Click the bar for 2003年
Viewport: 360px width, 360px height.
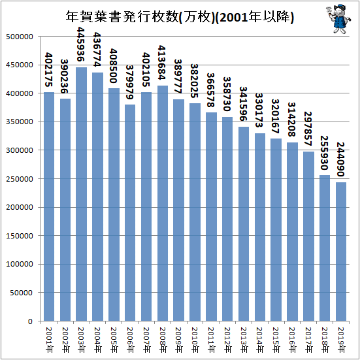pos(82,194)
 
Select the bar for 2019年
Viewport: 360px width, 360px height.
pos(341,252)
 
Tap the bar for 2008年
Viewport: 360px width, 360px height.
pos(163,203)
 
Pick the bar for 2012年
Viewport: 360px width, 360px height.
pos(227,219)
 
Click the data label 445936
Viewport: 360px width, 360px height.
pos(81,44)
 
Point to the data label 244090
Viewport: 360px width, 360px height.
pos(340,159)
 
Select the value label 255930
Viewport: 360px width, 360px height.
pos(324,153)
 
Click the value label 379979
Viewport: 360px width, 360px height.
pos(129,82)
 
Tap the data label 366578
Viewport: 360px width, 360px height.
pos(210,90)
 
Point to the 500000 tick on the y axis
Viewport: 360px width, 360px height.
pos(20,37)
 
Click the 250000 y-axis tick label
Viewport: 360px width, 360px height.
pos(20,179)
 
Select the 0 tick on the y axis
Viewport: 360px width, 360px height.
pos(30,321)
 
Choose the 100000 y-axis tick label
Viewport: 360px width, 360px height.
pos(20,264)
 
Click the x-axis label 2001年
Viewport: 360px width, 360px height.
pos(49,340)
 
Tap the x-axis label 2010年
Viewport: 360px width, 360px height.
pos(195,340)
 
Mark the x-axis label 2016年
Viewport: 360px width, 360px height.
pos(292,340)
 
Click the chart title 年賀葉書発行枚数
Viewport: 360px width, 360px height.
pos(122,17)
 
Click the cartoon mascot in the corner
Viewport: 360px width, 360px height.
pos(338,19)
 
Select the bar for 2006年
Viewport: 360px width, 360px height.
pos(130,213)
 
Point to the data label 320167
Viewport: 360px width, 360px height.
pos(276,116)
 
